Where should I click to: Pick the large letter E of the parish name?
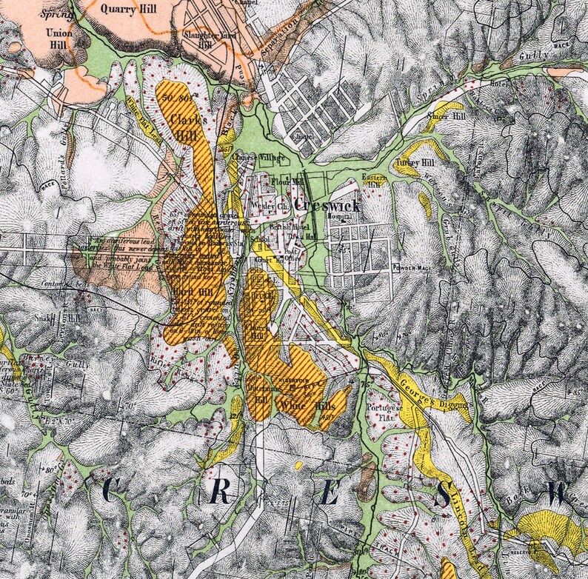(x=329, y=493)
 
